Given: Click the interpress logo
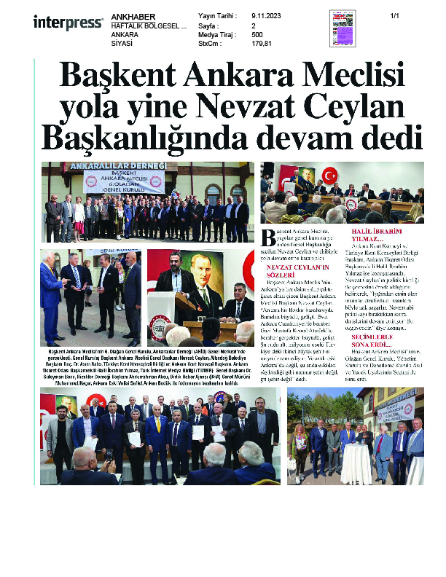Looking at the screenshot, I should click(x=68, y=23).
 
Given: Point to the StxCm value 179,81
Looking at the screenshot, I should click(x=262, y=43).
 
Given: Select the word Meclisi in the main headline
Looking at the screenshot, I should click(x=347, y=76).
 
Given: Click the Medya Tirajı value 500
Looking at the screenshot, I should click(x=257, y=34).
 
